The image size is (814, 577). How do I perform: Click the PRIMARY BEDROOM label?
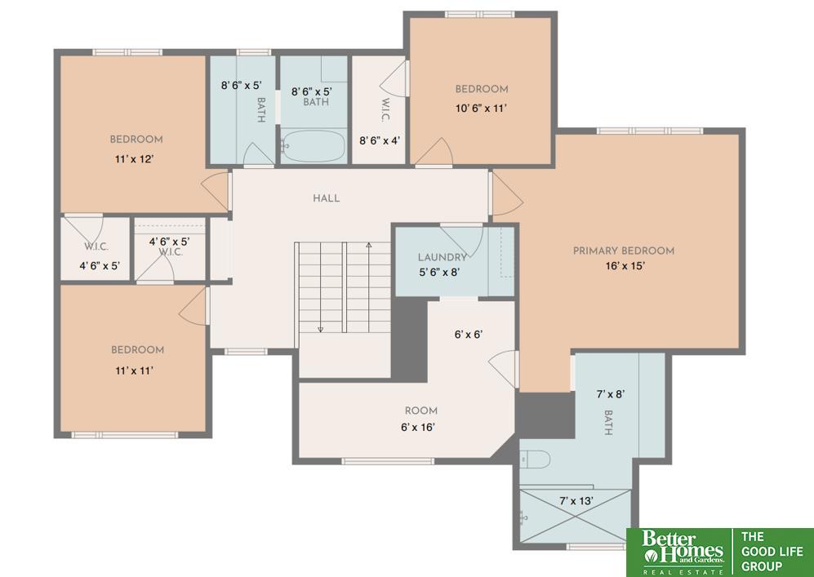coord(624,251)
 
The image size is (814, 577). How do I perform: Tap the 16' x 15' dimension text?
coord(625,266)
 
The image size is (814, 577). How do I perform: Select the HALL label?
coord(326,198)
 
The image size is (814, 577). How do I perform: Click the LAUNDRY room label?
coord(442,257)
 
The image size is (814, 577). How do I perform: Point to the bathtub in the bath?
coord(313,146)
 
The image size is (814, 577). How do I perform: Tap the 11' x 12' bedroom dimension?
coord(134,159)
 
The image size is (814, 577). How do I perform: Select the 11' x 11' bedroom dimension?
coord(134,371)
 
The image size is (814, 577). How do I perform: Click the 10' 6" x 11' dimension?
coord(481,109)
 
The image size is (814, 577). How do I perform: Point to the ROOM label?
coord(421,411)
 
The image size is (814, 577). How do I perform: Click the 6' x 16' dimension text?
coord(418,427)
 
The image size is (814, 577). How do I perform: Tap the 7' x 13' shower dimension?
coord(576,501)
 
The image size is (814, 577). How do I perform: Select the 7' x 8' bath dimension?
coord(611,394)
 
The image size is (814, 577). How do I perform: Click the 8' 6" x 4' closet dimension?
coord(380,140)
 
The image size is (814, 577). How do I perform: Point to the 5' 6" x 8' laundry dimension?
coord(440,272)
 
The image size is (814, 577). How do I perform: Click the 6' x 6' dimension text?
coord(469,334)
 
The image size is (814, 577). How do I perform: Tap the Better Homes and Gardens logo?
coord(682,552)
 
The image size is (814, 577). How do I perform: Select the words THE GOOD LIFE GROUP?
coord(772,551)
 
